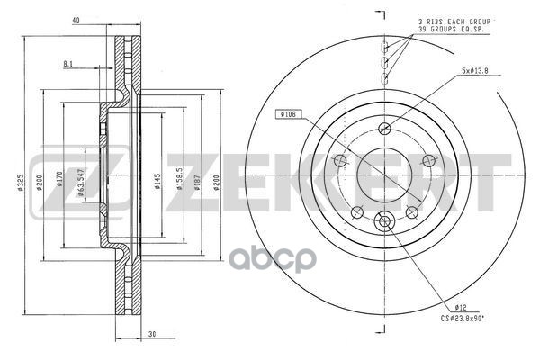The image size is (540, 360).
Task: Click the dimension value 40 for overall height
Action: [x=76, y=19]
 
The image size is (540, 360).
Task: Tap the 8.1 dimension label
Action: [x=68, y=63]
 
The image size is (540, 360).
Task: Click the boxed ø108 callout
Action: [x=288, y=113]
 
